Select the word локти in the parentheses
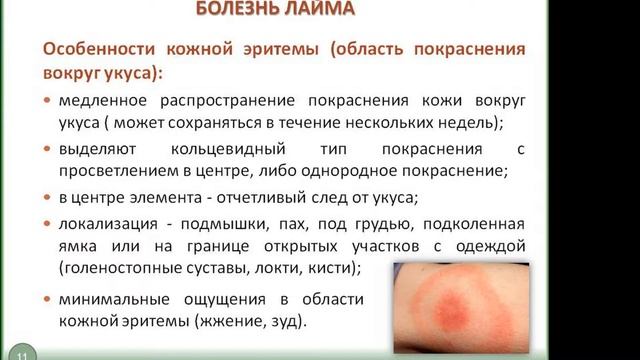[x=281, y=267]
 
